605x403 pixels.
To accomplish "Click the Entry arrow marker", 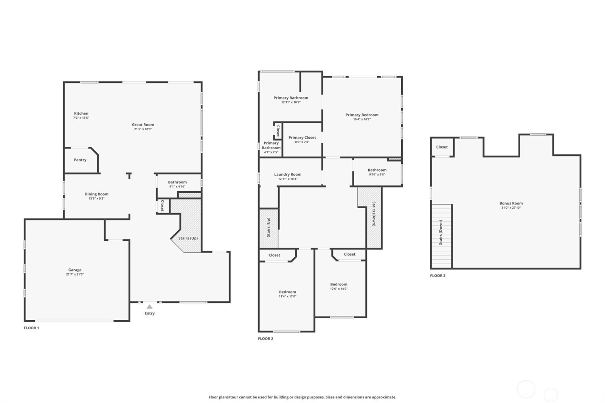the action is (x=149, y=307).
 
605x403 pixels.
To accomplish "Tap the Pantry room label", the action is (x=80, y=160).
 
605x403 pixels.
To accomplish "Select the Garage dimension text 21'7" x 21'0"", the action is (x=75, y=274).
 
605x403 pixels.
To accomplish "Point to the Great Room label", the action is (x=143, y=124).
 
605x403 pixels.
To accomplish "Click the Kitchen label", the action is (x=81, y=113).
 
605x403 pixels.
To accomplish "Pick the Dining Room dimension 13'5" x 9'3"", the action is (x=96, y=198).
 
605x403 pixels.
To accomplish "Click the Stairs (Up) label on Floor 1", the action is (x=188, y=238).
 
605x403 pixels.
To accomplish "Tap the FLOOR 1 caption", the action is (x=31, y=328).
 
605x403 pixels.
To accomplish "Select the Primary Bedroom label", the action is (x=362, y=115).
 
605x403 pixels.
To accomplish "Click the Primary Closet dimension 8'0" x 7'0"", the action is (x=302, y=142).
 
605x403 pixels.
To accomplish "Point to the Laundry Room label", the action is (x=288, y=175).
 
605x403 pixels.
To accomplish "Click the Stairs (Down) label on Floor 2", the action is (x=374, y=214).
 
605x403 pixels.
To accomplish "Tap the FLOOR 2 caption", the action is (x=265, y=339).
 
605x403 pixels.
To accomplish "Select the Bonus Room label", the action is (x=511, y=203).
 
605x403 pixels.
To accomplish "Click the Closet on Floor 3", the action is (x=442, y=147).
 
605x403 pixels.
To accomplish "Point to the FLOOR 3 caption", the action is (x=438, y=276).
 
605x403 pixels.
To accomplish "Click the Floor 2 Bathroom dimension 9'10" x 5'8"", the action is (x=377, y=175).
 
